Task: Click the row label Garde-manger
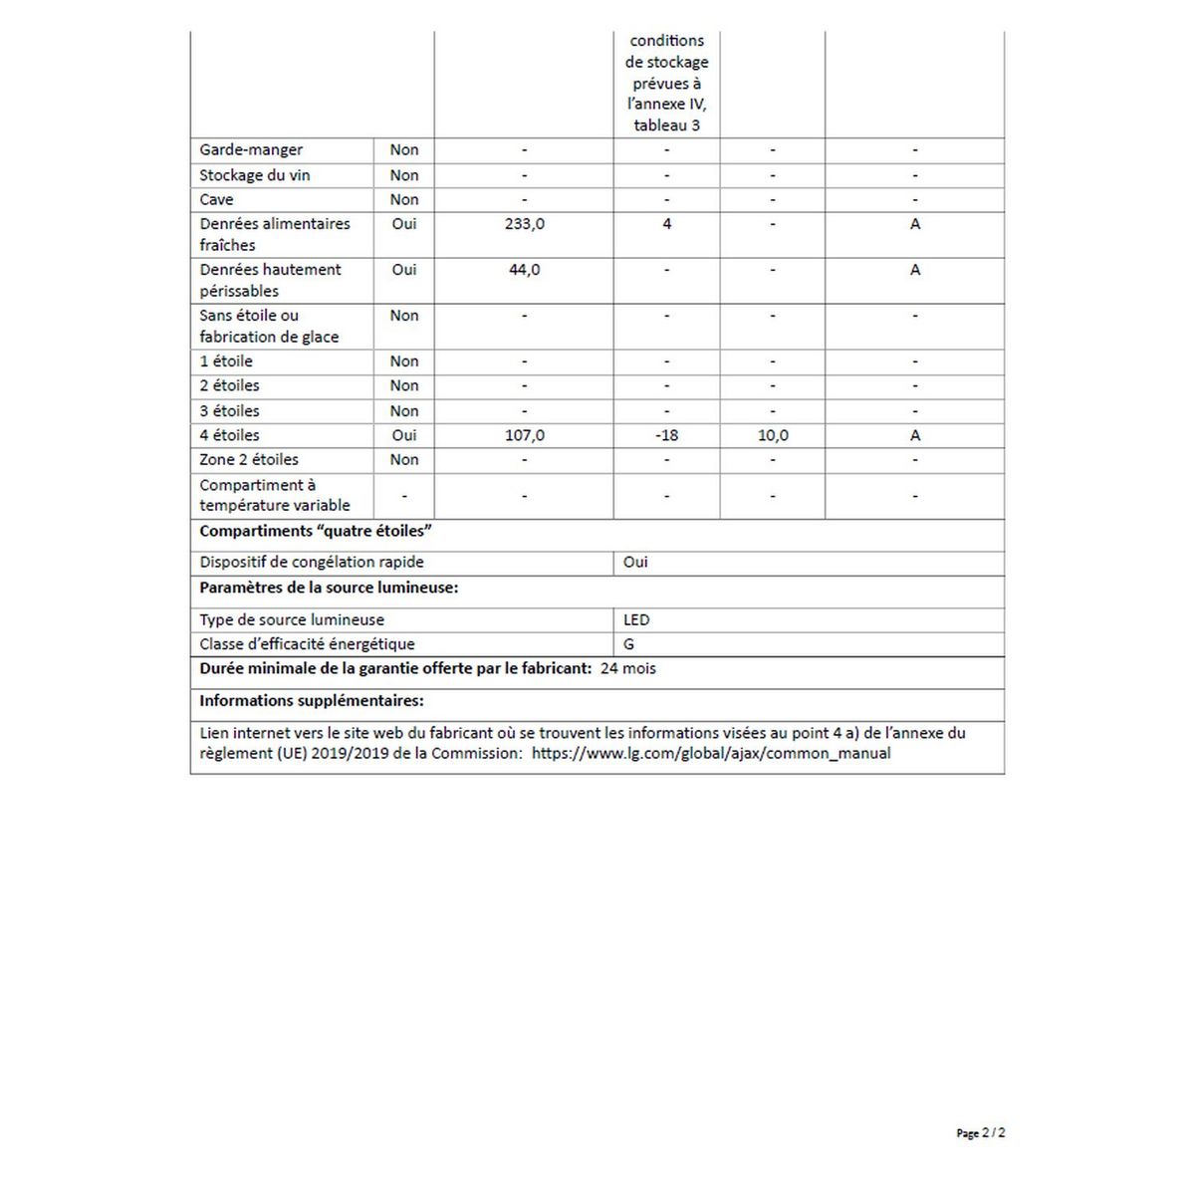coord(251,150)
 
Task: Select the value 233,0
coord(524,224)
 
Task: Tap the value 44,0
coord(524,270)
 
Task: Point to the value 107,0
coord(524,435)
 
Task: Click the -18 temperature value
coord(666,435)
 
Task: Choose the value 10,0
coord(773,435)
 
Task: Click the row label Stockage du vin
coord(255,175)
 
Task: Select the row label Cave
coord(216,199)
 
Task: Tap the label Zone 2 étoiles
coord(249,460)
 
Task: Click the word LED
coord(636,619)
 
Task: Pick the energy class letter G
coord(628,644)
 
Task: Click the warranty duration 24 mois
coord(628,668)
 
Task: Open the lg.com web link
coord(711,754)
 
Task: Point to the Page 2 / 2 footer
coord(980,1133)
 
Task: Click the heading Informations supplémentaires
coord(312,701)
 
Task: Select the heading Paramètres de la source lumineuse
coord(329,588)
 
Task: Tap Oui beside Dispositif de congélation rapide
coord(635,563)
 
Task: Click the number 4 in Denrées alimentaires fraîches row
coord(666,224)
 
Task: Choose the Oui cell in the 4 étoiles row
coord(404,435)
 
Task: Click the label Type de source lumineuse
coord(292,619)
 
